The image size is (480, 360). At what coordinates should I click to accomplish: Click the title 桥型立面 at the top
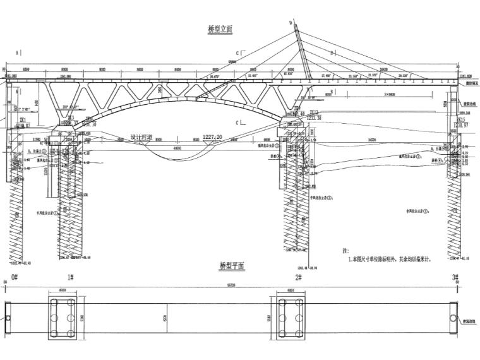pos(220,29)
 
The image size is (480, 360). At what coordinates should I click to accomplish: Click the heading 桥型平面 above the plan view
pos(232,266)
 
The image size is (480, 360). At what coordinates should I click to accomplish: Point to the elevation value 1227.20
pos(213,136)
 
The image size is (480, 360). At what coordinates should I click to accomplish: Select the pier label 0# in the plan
pos(13,277)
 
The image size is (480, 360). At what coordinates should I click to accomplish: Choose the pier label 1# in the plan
pos(70,277)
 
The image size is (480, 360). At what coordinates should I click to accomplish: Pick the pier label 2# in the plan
pos(297,277)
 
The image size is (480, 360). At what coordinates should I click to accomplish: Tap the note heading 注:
pos(344,250)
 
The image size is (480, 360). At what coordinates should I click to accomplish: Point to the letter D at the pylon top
pos(291,23)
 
